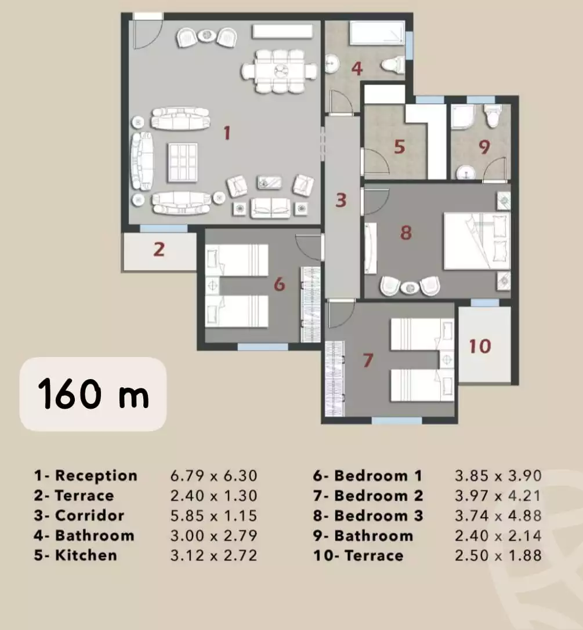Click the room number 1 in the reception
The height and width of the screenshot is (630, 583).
(x=227, y=133)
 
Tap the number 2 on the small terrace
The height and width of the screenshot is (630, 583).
(x=158, y=250)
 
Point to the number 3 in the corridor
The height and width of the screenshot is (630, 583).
(x=341, y=201)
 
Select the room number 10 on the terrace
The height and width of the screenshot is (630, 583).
(x=480, y=346)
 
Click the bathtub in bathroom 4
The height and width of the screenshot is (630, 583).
(x=376, y=33)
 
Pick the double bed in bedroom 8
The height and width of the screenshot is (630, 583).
(x=476, y=241)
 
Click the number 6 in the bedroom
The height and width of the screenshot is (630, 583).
(x=280, y=284)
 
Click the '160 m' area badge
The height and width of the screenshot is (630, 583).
(x=93, y=394)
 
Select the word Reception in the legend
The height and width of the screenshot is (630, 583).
(x=96, y=476)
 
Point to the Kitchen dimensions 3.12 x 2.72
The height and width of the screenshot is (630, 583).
(x=213, y=555)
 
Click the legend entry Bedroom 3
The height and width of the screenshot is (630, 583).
(x=378, y=516)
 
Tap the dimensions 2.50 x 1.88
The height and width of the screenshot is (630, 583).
(x=498, y=555)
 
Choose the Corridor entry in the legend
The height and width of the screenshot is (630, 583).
(x=89, y=516)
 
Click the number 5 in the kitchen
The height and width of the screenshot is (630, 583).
(x=399, y=147)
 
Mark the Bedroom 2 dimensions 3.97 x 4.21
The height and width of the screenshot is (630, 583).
(x=498, y=496)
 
